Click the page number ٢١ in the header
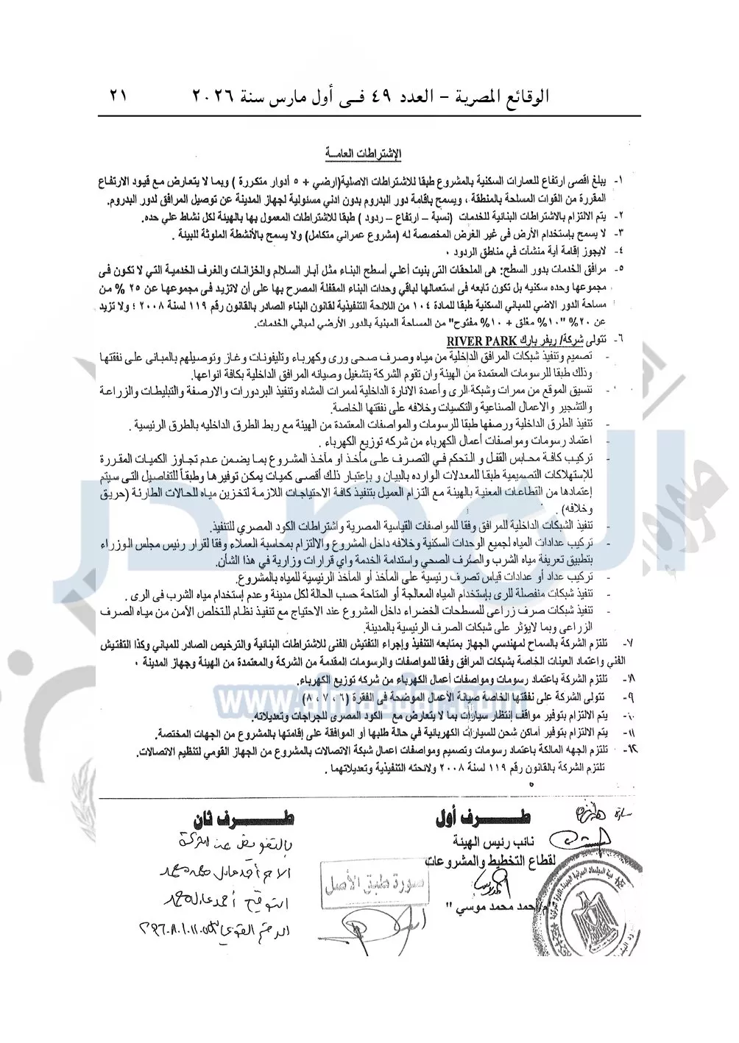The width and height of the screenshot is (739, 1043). coord(118,97)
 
